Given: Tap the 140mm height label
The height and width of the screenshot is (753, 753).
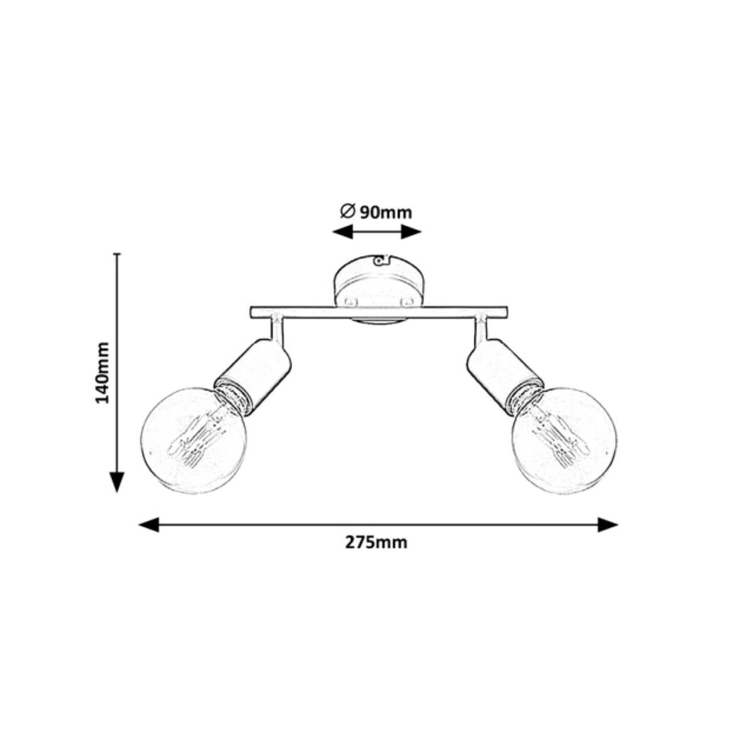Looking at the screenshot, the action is (x=103, y=373).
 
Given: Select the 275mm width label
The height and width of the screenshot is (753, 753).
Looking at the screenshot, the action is (x=376, y=543).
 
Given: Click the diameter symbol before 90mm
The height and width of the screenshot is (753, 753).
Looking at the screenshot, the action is (x=348, y=212).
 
